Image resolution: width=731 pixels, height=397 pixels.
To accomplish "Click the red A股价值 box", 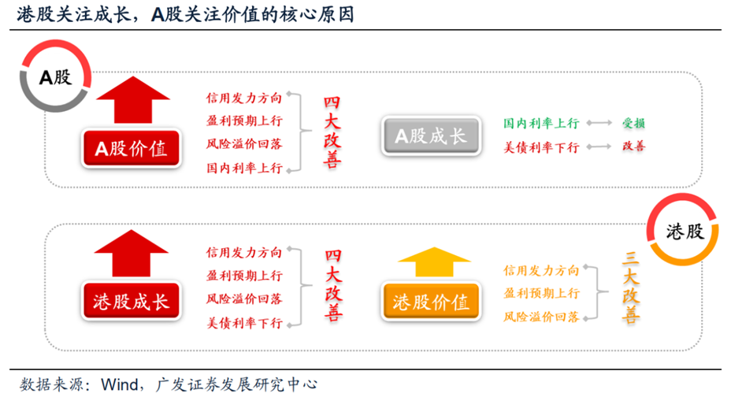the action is coord(131,148).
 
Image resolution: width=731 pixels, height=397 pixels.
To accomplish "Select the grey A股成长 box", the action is coord(431,135).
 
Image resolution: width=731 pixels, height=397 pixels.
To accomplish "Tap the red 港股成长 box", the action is coord(131,301).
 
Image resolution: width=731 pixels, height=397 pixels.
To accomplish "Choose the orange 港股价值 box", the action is coord(431,302).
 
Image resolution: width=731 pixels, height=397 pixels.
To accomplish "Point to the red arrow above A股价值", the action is coord(131,100).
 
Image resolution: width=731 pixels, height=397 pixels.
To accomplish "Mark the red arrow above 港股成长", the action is coord(131,254).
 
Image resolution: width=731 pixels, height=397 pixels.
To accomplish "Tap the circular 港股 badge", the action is coord(682,231).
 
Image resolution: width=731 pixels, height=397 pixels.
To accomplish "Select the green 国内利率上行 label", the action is coord(541,124).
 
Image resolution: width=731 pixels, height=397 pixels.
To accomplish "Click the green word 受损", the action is coord(633,124).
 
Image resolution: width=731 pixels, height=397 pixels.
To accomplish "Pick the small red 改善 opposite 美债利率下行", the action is coord(633,147).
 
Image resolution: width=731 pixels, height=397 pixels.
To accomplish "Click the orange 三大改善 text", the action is coord(630,289).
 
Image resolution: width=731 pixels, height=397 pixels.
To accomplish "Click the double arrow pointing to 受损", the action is coord(600,124).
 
